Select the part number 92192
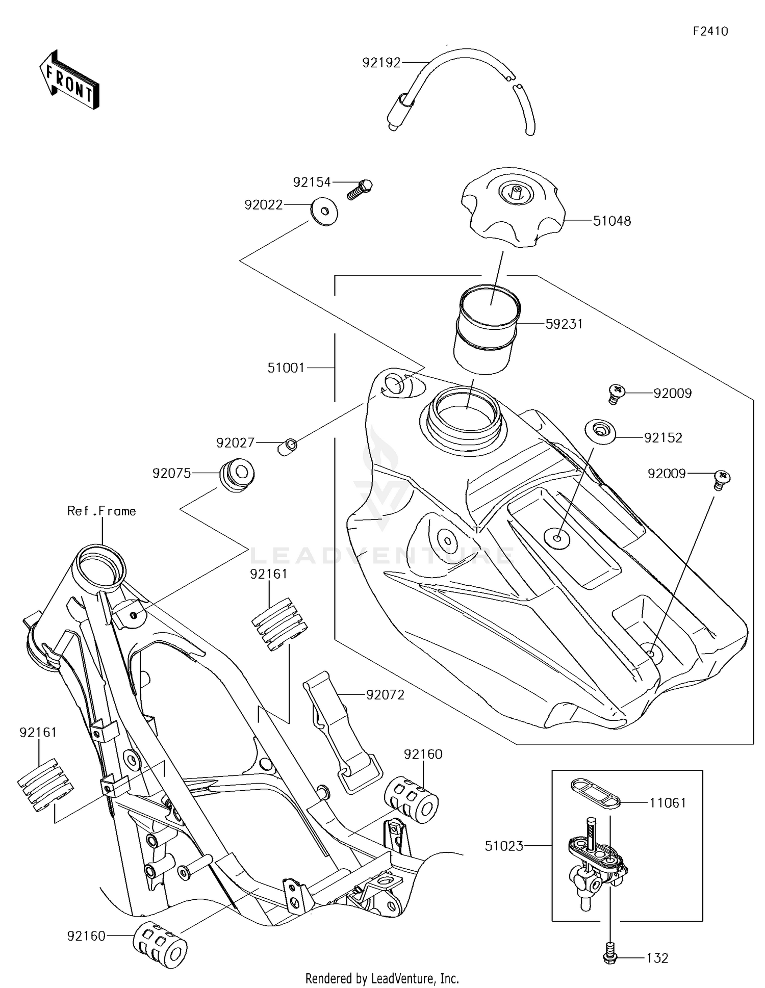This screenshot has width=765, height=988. click(x=381, y=63)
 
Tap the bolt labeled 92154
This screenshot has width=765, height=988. click(x=361, y=190)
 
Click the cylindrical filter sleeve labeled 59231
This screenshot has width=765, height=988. click(x=487, y=329)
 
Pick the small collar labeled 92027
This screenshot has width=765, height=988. click(x=287, y=446)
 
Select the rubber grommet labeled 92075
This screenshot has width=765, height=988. click(x=237, y=475)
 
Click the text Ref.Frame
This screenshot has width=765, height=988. click(x=101, y=511)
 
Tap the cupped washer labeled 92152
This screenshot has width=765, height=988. click(x=600, y=431)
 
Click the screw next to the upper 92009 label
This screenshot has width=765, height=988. click(x=616, y=394)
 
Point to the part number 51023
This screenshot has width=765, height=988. click(x=504, y=846)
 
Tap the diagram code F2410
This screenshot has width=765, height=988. click(x=710, y=32)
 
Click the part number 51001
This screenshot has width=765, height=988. click(x=286, y=368)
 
